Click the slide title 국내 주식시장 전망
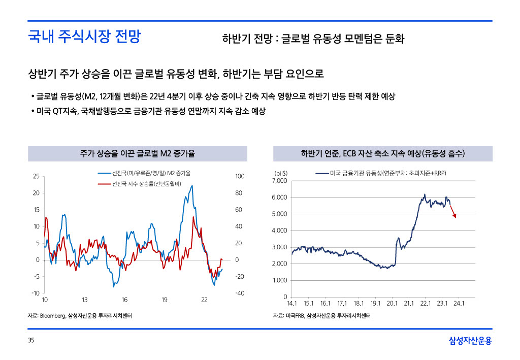[84, 37]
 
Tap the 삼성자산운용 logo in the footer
[470, 341]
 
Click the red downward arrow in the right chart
[452, 211]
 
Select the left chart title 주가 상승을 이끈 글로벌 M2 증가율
[137, 153]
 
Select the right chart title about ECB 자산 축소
[383, 153]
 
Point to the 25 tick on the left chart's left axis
[36, 176]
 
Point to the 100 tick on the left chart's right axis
[240, 176]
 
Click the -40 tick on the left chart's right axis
[240, 293]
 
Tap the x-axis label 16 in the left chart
[124, 300]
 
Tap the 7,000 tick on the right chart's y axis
[280, 181]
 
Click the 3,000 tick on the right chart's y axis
[280, 247]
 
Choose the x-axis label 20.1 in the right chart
[392, 304]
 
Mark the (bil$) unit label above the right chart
[281, 174]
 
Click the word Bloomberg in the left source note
[52, 316]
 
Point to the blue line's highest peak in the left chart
[192, 185]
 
